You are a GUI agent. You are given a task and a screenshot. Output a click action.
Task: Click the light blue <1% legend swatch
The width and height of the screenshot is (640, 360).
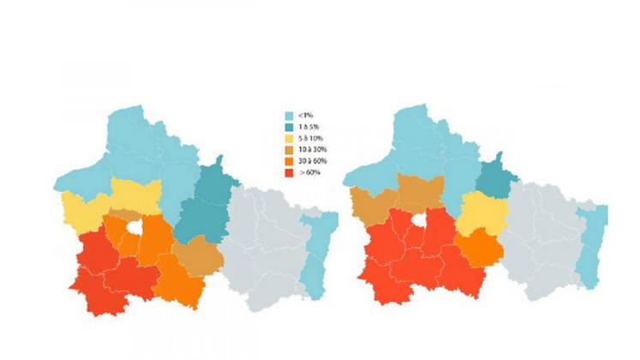(290, 115)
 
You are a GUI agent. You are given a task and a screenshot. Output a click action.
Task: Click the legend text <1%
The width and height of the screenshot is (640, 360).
(306, 115)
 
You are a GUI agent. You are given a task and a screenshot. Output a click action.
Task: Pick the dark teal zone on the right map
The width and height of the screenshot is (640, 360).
(493, 176)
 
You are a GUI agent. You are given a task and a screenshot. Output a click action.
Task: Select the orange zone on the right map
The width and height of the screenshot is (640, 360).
(477, 249)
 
